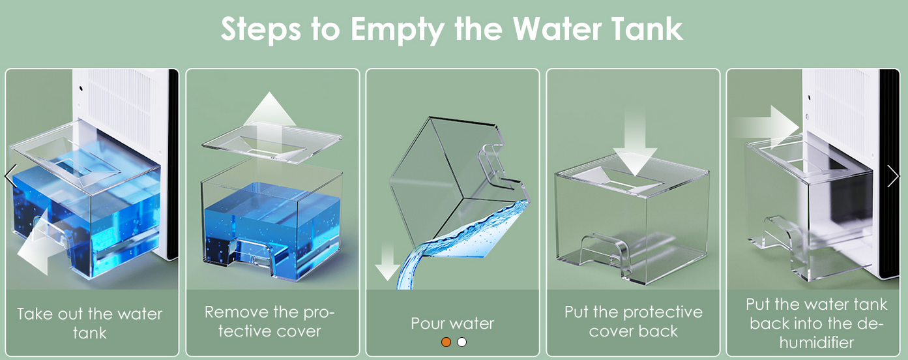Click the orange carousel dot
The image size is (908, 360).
click(446, 342)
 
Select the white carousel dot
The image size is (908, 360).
click(461, 342)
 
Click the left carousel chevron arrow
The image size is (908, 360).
click(10, 176)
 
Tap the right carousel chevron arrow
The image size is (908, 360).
click(893, 176)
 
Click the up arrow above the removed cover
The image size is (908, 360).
click(270, 117)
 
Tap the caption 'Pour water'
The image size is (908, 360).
click(452, 323)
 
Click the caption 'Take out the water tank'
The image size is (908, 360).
click(89, 323)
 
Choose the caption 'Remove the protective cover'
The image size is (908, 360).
click(270, 322)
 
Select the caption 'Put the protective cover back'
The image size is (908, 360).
click(634, 322)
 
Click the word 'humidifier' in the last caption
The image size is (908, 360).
click(816, 342)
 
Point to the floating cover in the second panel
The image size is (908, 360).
click(272, 143)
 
